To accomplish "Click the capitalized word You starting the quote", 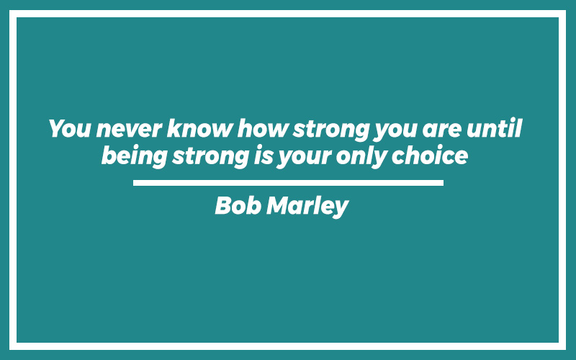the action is point(69,128).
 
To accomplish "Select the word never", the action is point(129,129).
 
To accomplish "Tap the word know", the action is point(199,128).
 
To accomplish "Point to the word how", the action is point(262,128).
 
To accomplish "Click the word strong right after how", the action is point(331,130).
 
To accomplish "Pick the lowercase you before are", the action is point(395,132).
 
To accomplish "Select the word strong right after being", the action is point(211,158).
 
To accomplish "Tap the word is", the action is point(264,156).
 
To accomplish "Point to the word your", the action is point(305,158).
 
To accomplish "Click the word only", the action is point(362,157).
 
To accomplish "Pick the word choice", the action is point(430,156).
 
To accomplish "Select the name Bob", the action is point(238,205).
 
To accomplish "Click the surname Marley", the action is point(308,207).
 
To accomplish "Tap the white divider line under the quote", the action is point(289,183).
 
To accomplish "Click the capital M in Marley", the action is point(278,205).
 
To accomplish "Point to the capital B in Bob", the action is point(223,205).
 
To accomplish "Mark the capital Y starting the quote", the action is point(58,128).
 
